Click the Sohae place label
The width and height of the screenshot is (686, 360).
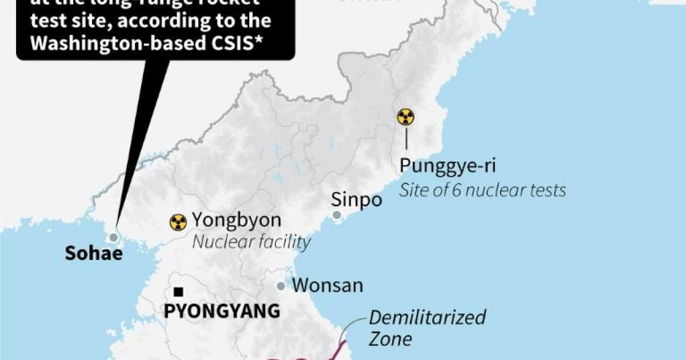tap(94, 254)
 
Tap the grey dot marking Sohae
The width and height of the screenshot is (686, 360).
tap(114, 237)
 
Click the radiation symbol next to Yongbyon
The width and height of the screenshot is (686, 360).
tap(178, 222)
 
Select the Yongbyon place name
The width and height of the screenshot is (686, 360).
tap(237, 220)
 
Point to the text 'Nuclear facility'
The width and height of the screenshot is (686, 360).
tap(252, 242)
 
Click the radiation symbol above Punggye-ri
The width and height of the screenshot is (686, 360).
tap(406, 118)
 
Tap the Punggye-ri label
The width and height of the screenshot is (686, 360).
tap(447, 166)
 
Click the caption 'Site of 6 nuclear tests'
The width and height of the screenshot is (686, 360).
tap(482, 190)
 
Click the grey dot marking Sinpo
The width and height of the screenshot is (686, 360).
tap(337, 215)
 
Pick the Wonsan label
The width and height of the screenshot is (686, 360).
tap(327, 285)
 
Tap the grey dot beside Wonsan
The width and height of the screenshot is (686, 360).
tap(281, 286)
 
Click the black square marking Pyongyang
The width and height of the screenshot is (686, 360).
tap(179, 292)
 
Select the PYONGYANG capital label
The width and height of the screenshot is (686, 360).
tap(222, 311)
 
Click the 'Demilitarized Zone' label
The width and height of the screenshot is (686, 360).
tap(426, 327)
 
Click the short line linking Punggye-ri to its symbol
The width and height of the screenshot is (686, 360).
tap(406, 139)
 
